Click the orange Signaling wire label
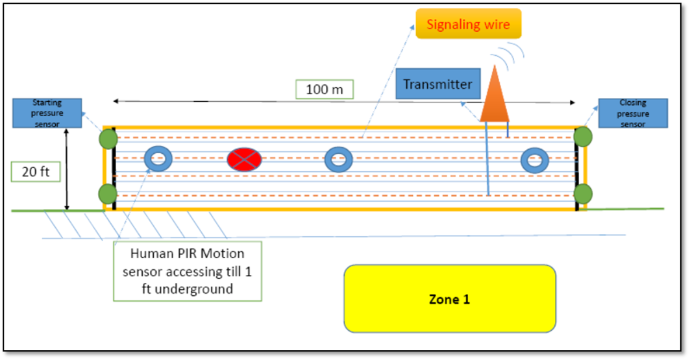pyautogui.click(x=468, y=24)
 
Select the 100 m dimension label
pyautogui.click(x=325, y=89)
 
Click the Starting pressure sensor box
pyautogui.click(x=47, y=113)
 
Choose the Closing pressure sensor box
pyautogui.click(x=633, y=113)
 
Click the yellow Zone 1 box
pyautogui.click(x=449, y=298)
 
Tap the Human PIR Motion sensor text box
pyautogui.click(x=187, y=270)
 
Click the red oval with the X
pyautogui.click(x=243, y=160)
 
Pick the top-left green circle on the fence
pyautogui.click(x=108, y=139)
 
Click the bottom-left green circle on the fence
pyautogui.click(x=108, y=193)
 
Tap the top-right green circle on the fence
pyautogui.click(x=583, y=136)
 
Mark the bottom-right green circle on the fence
pyautogui.click(x=583, y=193)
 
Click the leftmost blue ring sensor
pyautogui.click(x=157, y=159)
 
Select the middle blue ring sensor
pyautogui.click(x=338, y=160)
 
